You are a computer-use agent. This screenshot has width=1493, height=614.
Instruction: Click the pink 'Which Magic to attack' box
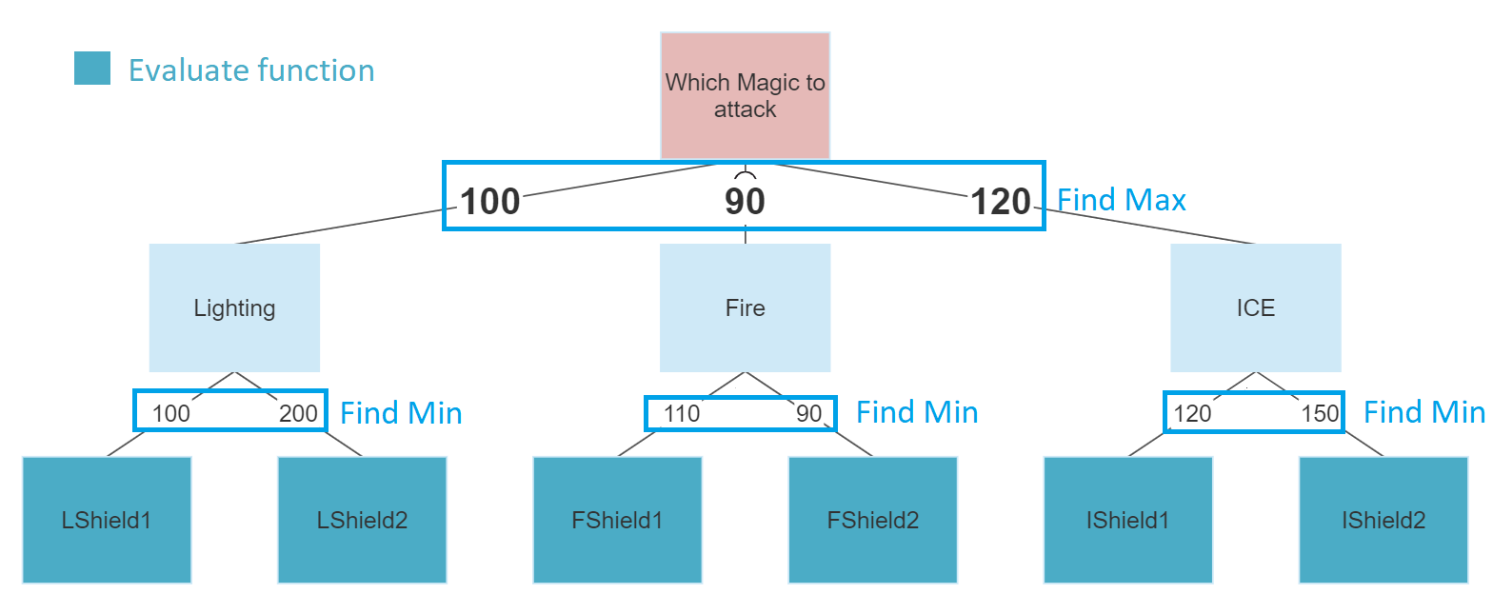point(746,95)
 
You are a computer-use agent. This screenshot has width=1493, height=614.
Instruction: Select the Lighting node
point(234,307)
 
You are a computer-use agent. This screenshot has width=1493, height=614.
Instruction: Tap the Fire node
point(746,307)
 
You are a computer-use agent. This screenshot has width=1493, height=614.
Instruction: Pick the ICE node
point(1256,307)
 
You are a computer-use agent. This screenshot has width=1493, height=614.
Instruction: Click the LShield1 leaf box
point(107,520)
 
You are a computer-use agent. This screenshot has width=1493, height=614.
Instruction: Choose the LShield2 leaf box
point(362,520)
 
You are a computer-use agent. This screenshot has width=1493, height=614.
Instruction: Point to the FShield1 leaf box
point(617,520)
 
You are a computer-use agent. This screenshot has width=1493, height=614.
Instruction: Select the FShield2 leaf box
point(872,520)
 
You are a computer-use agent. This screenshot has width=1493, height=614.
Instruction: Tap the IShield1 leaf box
point(1127,520)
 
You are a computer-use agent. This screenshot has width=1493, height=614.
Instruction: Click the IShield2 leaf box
point(1384,520)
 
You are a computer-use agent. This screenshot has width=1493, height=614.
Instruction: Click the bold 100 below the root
point(489,201)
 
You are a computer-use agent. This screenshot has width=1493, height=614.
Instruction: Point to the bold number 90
point(745,201)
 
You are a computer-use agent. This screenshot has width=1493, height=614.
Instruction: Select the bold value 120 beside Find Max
point(1001,201)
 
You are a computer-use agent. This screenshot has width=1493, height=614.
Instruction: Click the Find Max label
point(1122,200)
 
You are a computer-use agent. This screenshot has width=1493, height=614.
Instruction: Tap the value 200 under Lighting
point(298,413)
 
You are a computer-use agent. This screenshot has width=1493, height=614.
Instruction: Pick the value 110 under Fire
point(681,413)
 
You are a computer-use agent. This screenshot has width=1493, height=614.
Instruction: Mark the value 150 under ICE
point(1320,413)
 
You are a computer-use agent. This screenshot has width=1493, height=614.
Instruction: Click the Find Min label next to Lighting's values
point(401,413)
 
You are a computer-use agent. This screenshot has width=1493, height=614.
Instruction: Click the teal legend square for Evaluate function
point(92,68)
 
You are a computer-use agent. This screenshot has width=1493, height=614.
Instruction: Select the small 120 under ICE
point(1192,413)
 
